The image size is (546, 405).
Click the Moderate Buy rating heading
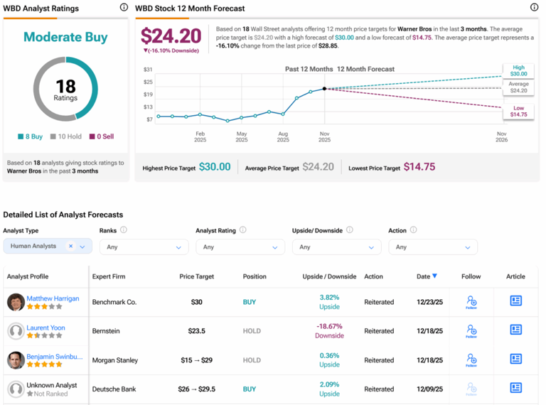click(65, 37)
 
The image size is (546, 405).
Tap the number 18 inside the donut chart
click(65, 86)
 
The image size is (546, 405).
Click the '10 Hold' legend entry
click(67, 136)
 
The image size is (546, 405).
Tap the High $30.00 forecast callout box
click(518, 70)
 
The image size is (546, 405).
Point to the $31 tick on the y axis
click(148, 69)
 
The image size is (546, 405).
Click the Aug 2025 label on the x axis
click(283, 136)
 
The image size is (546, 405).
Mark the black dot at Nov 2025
click(325, 89)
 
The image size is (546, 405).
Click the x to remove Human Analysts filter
click(70, 247)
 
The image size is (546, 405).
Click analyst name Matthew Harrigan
click(53, 298)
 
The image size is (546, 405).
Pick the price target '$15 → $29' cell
click(197, 360)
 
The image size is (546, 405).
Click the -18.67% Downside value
click(329, 326)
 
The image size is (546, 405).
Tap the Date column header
click(427, 276)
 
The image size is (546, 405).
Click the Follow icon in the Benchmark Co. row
click(471, 302)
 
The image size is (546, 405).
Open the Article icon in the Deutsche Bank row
click(515, 388)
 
